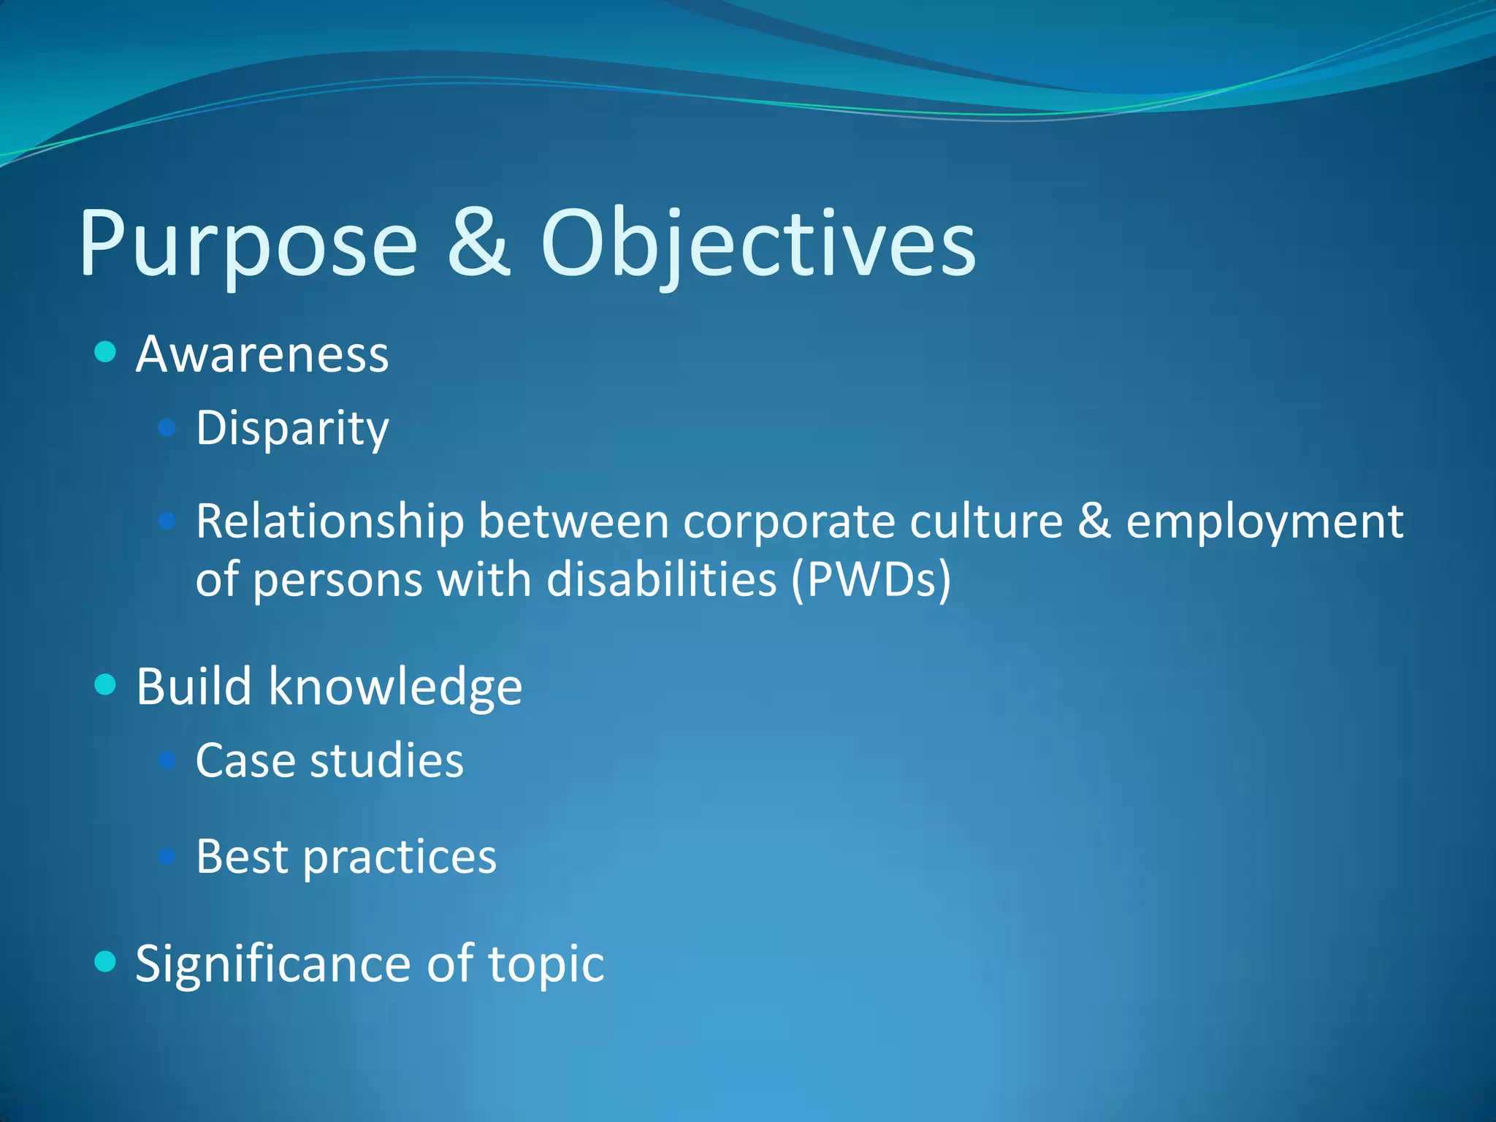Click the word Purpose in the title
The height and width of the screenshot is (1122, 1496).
coord(248,245)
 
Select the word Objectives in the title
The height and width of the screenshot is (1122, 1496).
coord(757,245)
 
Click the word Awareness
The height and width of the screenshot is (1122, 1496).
coord(262,355)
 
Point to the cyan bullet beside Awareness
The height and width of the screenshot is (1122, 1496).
coord(106,352)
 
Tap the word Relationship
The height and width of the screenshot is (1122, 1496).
coord(329,522)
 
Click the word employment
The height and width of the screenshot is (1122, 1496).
coord(1264,523)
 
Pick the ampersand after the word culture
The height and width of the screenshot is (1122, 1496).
coord(1094,521)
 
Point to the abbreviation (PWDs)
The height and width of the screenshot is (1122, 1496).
coord(871,580)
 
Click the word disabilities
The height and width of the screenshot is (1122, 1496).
coord(662,580)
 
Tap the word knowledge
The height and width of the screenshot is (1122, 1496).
coord(395,687)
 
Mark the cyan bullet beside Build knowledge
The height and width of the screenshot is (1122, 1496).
coord(106,684)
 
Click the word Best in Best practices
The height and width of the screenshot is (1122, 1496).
coord(242,856)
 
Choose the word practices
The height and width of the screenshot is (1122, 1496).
coord(400,858)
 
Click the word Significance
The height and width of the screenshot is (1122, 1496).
coord(273,964)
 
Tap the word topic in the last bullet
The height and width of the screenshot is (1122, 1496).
coord(546,966)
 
